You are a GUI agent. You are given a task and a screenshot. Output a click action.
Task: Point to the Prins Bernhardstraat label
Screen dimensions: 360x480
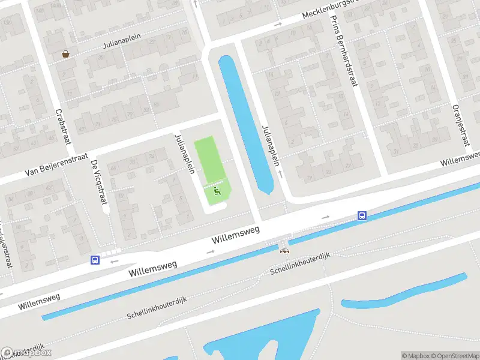[344, 50]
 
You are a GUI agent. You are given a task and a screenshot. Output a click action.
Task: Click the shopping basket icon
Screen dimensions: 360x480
[65, 54]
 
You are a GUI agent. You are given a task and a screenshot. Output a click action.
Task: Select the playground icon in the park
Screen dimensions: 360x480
[217, 190]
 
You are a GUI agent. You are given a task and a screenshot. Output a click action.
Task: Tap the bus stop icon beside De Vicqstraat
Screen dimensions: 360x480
[95, 260]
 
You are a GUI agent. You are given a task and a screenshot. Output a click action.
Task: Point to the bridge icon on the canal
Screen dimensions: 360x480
[284, 250]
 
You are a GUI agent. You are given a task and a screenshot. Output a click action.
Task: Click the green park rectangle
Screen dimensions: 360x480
[207, 159]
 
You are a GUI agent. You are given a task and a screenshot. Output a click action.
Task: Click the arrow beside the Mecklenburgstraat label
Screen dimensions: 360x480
[278, 25]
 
